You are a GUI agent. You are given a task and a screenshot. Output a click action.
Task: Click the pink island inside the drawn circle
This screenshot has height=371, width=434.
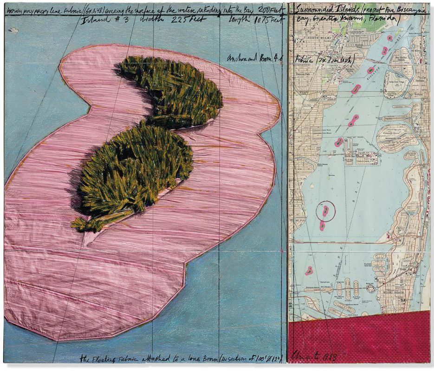coord(325,211)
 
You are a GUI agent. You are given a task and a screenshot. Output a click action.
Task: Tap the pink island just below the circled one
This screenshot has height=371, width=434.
coord(322,226)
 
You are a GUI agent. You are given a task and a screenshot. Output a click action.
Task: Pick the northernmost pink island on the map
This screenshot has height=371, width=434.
coord(389,38)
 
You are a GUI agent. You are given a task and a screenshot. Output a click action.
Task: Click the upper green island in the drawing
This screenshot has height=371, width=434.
coord(172,90)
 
